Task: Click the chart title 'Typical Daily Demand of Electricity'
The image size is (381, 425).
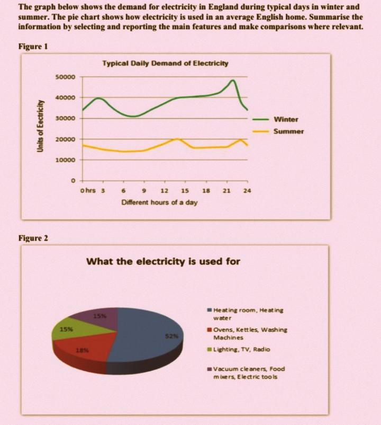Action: point(165,64)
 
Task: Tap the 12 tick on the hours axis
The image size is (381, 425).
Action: point(164,190)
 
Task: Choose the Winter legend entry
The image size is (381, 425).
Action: point(286,119)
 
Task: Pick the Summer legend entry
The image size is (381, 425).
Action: point(288,131)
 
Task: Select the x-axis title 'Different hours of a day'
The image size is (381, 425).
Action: point(159,202)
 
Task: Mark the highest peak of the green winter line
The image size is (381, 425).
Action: point(233,81)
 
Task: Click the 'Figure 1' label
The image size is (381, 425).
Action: point(33,47)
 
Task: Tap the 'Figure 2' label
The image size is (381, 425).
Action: point(33,238)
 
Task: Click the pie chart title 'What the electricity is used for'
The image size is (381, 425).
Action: point(163,261)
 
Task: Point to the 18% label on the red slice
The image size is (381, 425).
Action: point(83,350)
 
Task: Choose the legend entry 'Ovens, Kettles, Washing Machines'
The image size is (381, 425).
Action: point(250,333)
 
